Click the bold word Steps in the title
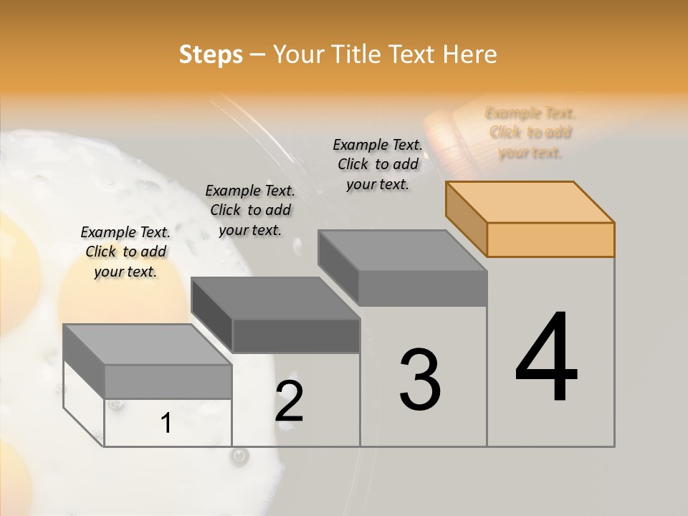211,54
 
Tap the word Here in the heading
470,54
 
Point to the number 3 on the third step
420,380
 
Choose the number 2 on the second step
289,401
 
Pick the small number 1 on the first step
166,423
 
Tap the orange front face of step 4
550,239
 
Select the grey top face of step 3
402,251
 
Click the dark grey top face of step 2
275,298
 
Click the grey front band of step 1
168,381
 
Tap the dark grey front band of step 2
296,335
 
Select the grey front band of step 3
423,288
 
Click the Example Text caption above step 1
125,252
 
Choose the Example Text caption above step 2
250,210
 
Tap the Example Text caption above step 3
378,164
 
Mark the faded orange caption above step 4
530,133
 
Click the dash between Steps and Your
259,54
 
